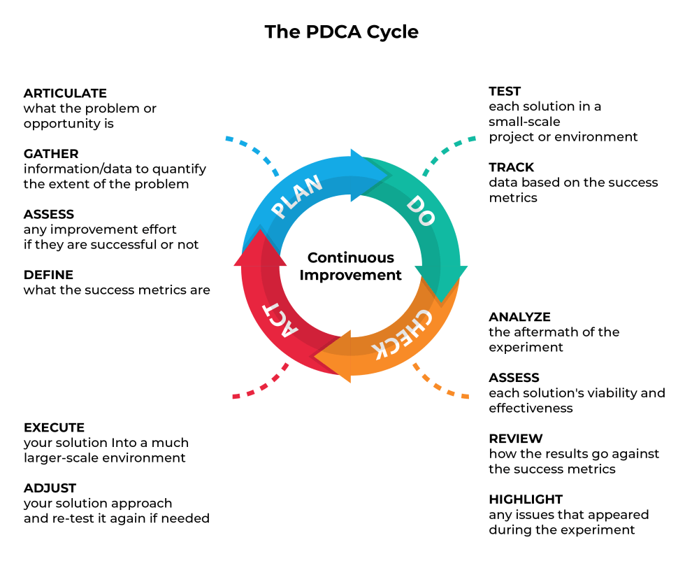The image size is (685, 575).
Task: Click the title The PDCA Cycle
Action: pos(342,32)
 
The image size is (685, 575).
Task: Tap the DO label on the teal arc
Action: pos(421,211)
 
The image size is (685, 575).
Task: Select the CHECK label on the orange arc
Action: pos(402,334)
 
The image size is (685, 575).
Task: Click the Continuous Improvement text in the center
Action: pos(351,267)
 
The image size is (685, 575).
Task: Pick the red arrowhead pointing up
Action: pos(260,248)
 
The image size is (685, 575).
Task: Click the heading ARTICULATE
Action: pos(65,93)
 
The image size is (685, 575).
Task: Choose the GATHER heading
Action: pos(51,154)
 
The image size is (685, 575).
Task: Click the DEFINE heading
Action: pos(48,275)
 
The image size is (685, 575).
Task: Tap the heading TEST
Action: pos(505,91)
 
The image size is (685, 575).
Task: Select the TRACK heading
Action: pos(512,167)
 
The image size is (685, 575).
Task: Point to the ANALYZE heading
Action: pos(520,317)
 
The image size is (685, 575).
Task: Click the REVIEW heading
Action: pos(516,439)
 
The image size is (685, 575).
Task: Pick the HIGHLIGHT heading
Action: pos(526,499)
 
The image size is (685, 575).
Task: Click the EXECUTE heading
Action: pos(54,427)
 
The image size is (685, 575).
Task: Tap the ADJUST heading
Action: pos(50,488)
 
